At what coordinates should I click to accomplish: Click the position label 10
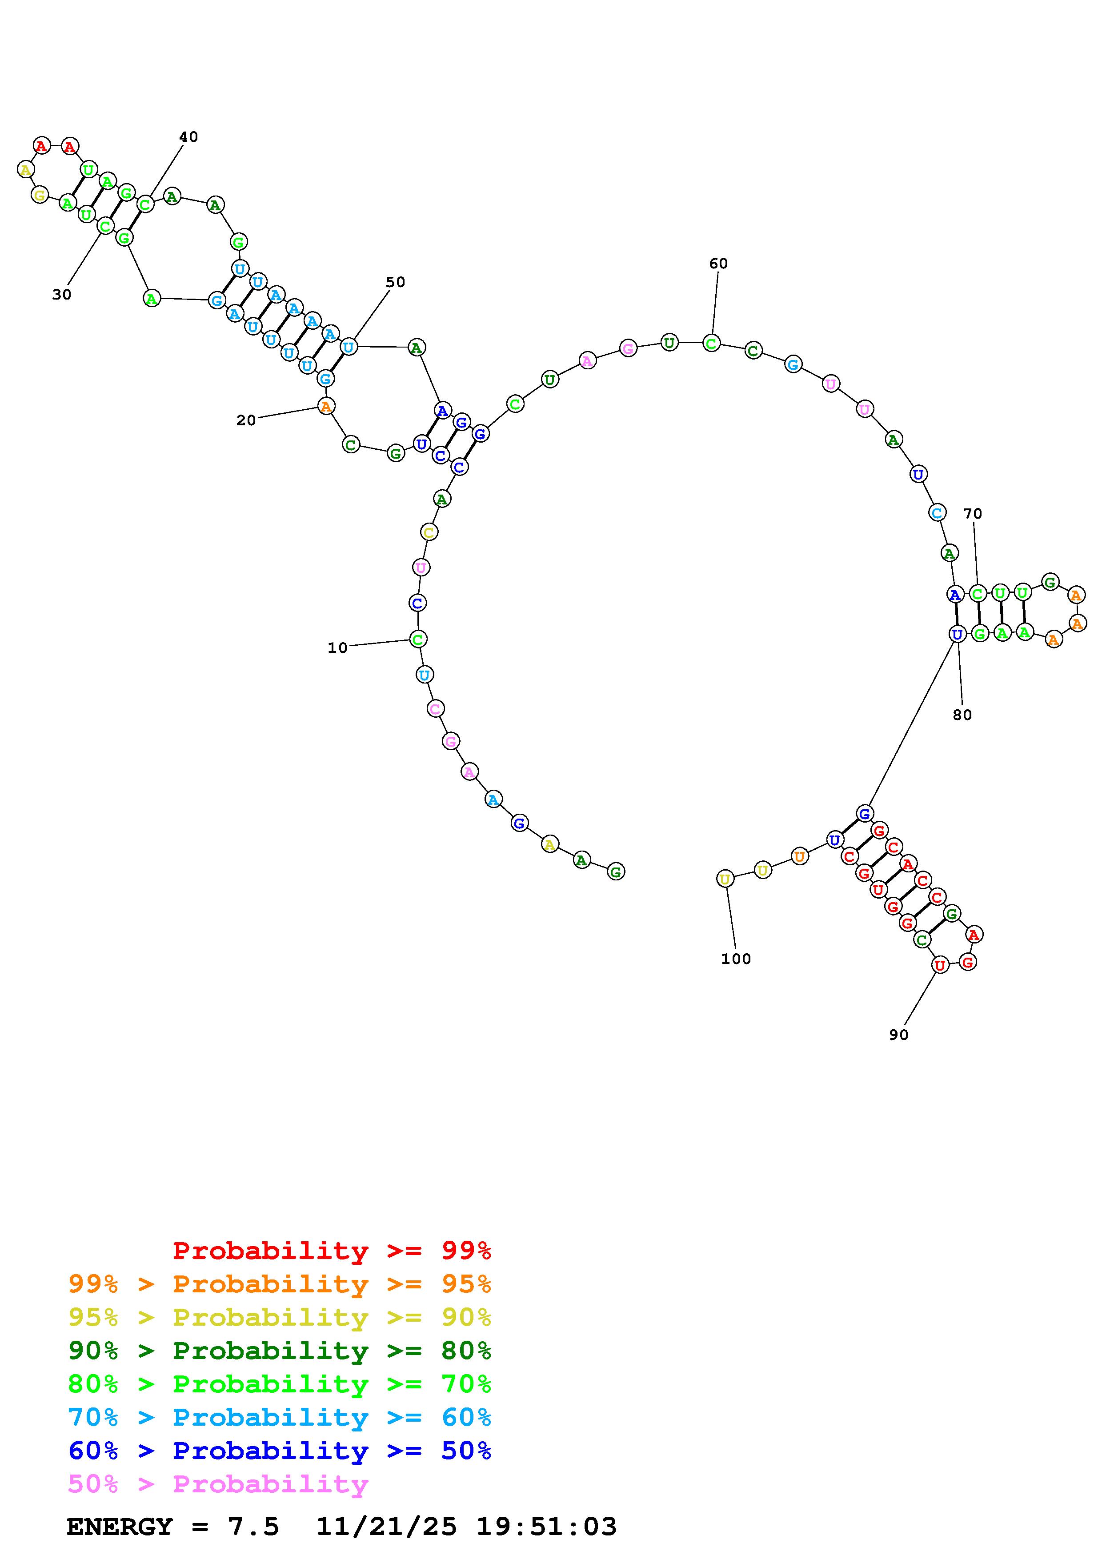pos(337,648)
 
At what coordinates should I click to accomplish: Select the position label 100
pos(736,959)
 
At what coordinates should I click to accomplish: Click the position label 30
pos(62,294)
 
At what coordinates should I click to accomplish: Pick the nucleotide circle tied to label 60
pos(711,343)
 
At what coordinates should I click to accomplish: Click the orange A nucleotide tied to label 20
pos(326,406)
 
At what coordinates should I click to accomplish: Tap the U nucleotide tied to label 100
pos(725,879)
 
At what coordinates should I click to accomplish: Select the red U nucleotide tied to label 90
pos(940,965)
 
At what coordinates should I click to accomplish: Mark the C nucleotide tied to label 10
pos(417,639)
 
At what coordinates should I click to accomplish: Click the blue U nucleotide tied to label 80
pos(957,634)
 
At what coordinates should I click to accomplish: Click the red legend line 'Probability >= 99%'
pos(332,1250)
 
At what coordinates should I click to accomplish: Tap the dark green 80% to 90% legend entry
pos(280,1351)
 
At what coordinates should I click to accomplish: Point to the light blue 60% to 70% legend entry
pos(280,1417)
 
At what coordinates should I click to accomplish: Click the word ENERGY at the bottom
pos(120,1527)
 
